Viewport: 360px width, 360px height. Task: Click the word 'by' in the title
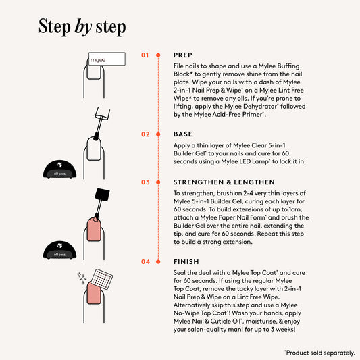83,27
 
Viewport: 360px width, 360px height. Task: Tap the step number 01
145,55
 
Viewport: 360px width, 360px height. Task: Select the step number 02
145,134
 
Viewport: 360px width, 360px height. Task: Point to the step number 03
145,182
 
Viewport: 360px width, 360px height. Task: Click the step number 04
146,262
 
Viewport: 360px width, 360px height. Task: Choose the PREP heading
183,55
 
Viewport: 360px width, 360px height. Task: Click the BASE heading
183,134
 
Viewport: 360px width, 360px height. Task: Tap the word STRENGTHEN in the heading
199,182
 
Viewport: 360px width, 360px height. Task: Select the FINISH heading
186,262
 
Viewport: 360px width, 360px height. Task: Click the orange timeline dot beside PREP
158,55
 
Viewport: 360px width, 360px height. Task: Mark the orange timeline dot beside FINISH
158,262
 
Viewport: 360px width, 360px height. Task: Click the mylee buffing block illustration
107,59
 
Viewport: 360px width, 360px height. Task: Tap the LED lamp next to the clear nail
59,170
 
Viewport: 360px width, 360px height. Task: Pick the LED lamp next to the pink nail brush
59,251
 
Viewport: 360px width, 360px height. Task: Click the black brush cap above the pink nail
102,195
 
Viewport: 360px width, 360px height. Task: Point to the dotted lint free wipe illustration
102,280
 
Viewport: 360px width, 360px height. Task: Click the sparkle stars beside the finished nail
82,278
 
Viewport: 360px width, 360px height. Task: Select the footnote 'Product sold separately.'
320,353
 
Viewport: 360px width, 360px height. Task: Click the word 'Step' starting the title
55,26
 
